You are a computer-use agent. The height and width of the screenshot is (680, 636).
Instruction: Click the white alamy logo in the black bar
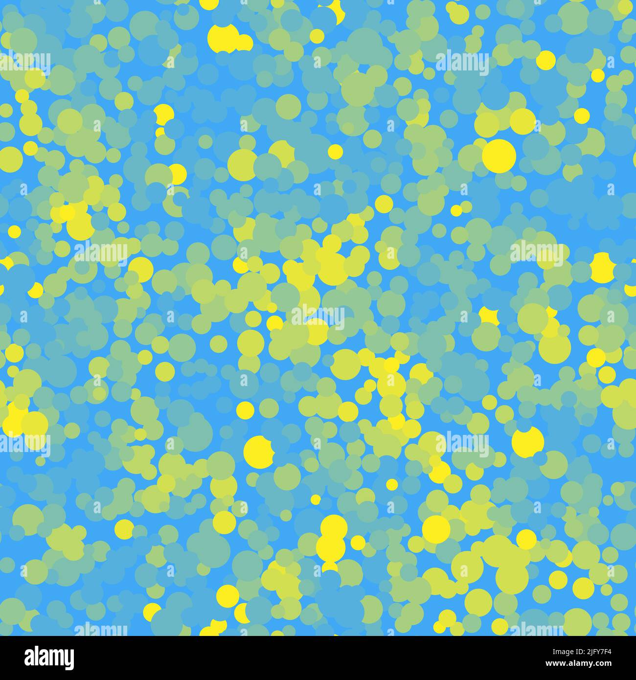49,657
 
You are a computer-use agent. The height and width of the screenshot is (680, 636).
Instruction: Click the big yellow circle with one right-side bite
258,452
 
